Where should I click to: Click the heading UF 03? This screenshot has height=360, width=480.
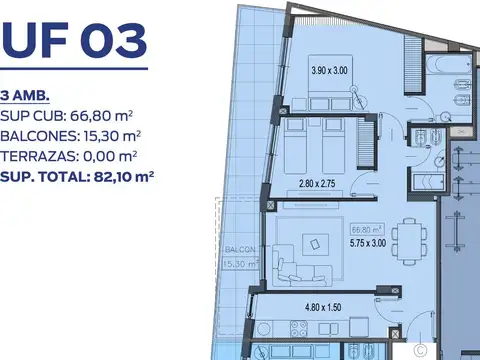[x=74, y=41]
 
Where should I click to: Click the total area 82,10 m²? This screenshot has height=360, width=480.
[x=117, y=177]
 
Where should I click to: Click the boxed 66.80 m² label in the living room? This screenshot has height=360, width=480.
[x=362, y=228]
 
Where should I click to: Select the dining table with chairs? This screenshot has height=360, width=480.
[x=404, y=238]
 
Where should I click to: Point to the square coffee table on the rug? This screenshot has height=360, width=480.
[x=316, y=243]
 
